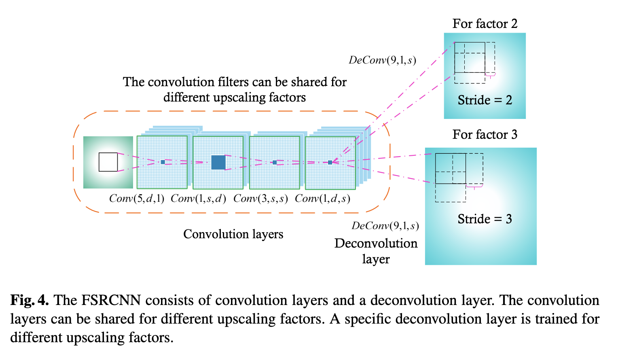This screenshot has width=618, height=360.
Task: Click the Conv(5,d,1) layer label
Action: tap(137, 199)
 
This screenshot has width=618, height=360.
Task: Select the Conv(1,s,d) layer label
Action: tap(198, 199)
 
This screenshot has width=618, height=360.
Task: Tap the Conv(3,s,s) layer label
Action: tap(261, 199)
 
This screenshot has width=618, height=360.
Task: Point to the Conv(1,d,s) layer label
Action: tap(322, 199)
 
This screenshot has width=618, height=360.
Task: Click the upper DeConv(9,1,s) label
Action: tap(382, 60)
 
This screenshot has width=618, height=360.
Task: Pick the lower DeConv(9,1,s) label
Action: tap(385, 226)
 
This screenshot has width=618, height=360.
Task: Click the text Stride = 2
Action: tap(485, 100)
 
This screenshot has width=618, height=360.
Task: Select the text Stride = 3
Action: tap(485, 219)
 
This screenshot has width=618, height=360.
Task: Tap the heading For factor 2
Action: tap(485, 24)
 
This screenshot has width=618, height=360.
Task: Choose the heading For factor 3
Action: tap(485, 135)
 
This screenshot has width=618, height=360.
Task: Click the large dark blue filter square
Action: tap(218, 163)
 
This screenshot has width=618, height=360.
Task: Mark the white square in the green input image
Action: tap(108, 162)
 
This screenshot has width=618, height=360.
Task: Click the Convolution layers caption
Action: tap(233, 234)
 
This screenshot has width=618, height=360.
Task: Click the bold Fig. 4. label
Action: tap(30, 300)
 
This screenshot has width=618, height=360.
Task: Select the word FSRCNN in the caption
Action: tap(111, 300)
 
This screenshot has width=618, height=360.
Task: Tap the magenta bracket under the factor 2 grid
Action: tap(490, 75)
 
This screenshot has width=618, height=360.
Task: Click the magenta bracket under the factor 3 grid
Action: tap(474, 187)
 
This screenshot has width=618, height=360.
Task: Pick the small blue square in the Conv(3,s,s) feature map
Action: tap(275, 163)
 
